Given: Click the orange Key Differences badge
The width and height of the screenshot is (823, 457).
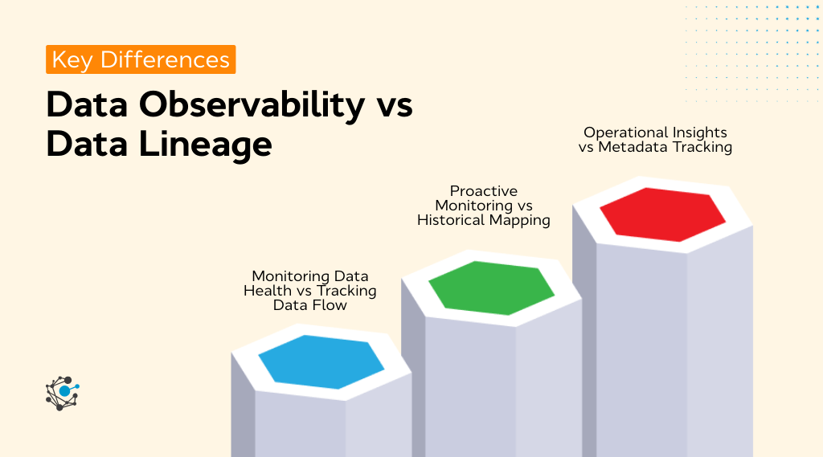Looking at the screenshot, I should click(141, 59).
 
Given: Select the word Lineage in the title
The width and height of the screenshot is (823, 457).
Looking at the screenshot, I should click(201, 145).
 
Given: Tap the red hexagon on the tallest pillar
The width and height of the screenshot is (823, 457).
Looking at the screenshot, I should click(662, 214).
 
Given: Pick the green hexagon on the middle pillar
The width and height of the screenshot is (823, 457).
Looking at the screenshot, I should click(491, 287).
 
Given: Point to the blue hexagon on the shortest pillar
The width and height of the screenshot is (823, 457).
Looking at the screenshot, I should click(321, 361).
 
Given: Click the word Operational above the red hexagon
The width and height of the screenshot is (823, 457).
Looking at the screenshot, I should click(621, 133).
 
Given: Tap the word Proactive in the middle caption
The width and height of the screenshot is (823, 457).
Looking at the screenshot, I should click(483, 191).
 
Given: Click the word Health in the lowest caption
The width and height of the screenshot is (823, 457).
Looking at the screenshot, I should click(267, 291).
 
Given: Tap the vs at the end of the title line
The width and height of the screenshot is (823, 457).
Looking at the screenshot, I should click(395, 106).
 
